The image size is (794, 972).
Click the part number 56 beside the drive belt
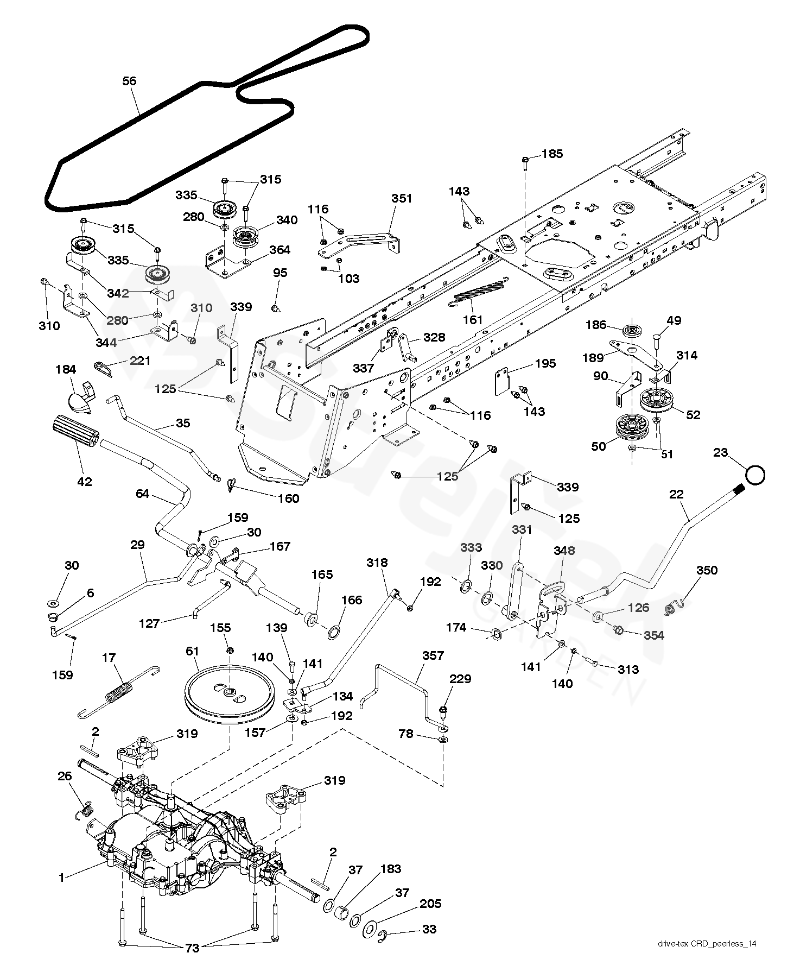coord(129,81)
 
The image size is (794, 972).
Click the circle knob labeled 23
coord(754,475)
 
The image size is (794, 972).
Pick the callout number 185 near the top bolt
coord(552,154)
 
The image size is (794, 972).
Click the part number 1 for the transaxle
coord(62,877)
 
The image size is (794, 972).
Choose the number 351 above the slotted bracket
coord(402,199)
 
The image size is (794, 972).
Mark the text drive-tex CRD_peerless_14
coord(707,958)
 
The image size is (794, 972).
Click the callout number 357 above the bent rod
coord(433,655)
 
